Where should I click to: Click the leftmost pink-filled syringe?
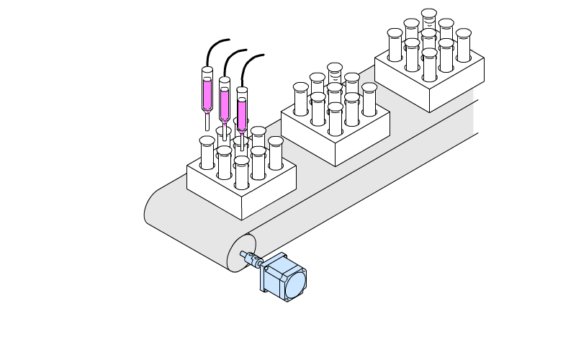point(207,90)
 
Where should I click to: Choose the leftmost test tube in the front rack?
point(207,153)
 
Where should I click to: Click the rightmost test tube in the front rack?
point(276,153)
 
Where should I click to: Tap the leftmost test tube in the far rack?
point(395,45)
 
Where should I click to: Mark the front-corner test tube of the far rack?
point(429,65)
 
